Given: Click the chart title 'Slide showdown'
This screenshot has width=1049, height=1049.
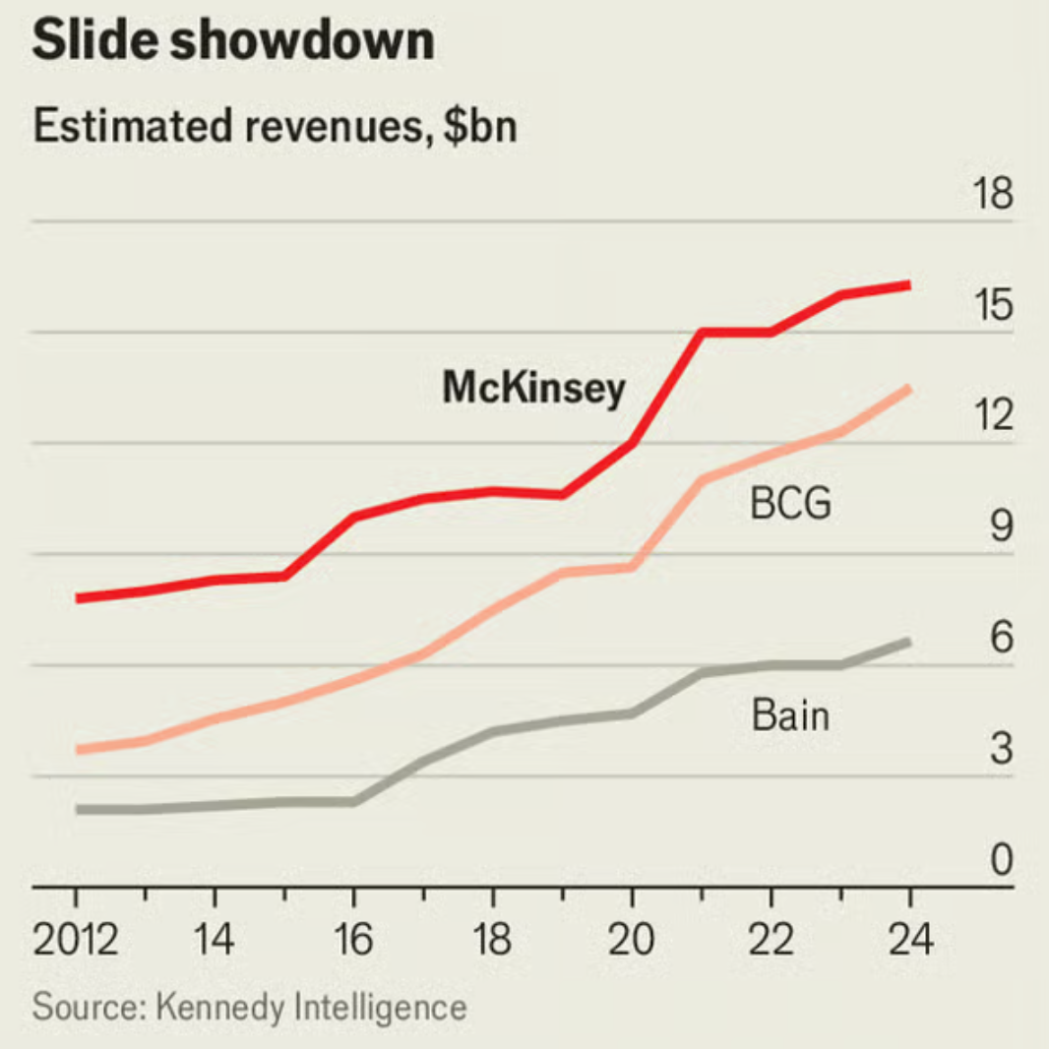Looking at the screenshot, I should pos(233,41).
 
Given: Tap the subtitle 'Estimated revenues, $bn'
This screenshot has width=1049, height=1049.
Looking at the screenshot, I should pos(275,127).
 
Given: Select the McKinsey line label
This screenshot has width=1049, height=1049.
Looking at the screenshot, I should pos(533,389).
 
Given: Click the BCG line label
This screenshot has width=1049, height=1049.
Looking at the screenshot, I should pos(790,505).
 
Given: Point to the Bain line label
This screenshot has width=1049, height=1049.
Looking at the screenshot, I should pos(790,714).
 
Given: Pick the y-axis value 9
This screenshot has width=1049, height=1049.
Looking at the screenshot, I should pos(1001,527).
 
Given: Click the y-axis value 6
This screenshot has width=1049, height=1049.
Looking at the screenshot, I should pos(1001,639).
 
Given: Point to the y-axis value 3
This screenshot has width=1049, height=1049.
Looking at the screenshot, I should pos(1001,750).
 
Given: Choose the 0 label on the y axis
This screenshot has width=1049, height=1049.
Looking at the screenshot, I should pos(1001,860).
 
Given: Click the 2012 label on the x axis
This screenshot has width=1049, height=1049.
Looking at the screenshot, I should pos(76,941).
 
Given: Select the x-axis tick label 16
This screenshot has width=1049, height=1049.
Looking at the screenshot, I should pos(353,941).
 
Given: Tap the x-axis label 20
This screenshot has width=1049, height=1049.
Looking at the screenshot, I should pos(631,941).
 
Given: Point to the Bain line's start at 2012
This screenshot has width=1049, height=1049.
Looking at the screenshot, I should pos(77,809).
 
